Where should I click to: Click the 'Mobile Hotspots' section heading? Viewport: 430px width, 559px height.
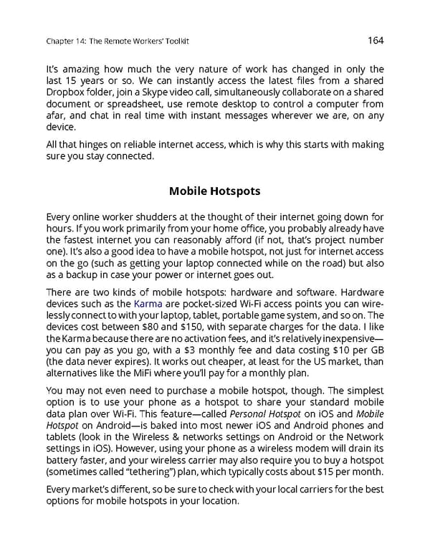click(214, 191)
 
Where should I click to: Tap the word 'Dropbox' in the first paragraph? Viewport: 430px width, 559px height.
click(67, 93)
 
